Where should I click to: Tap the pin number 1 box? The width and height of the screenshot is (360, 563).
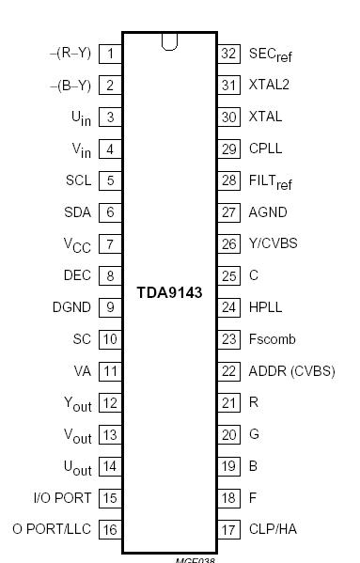click(x=110, y=54)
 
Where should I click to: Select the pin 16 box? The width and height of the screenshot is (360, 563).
click(x=110, y=529)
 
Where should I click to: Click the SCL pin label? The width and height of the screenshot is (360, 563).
click(x=78, y=180)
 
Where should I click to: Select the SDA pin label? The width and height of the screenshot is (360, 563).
click(x=77, y=212)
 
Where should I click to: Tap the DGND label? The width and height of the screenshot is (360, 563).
click(x=71, y=307)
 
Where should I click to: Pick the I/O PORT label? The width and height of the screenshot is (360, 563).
click(x=62, y=497)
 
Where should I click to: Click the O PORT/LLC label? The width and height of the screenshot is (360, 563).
click(x=52, y=529)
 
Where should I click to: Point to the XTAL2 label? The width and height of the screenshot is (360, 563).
click(x=269, y=85)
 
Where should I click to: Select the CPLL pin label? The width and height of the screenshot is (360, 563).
click(x=265, y=149)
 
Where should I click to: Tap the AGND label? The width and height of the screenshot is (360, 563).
click(x=268, y=212)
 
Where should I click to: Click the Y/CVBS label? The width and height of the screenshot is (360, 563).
click(x=273, y=243)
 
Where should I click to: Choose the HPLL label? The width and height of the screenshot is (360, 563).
click(x=265, y=307)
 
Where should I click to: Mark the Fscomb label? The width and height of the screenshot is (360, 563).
click(x=272, y=339)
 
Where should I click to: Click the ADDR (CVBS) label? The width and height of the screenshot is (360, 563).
click(x=291, y=371)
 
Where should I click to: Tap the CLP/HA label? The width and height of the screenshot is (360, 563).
click(x=273, y=529)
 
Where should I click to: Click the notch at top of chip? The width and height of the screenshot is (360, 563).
click(x=170, y=40)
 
